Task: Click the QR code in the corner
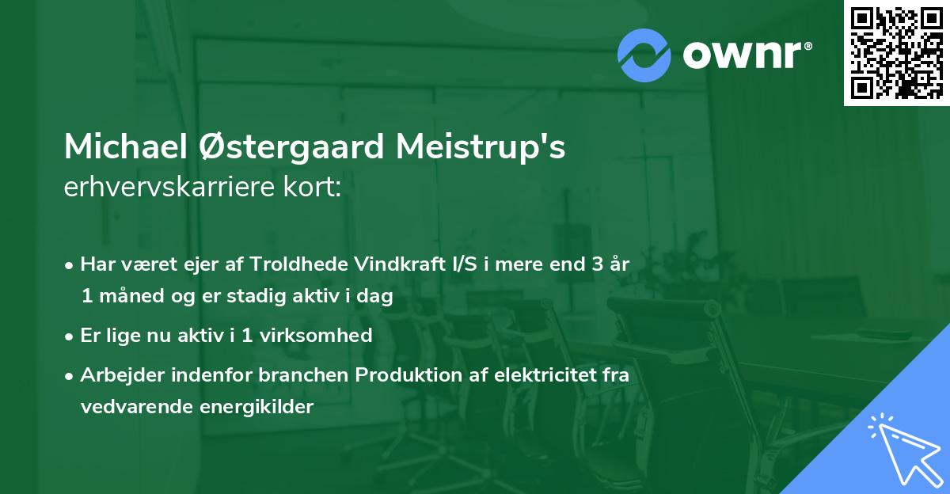point(896,53)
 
